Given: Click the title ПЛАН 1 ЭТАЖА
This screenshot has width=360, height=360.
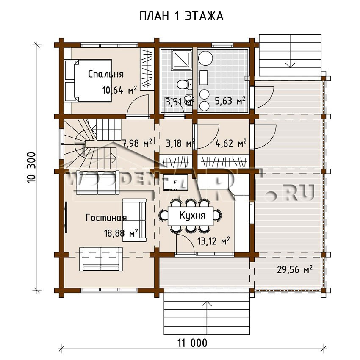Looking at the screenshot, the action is point(181,16).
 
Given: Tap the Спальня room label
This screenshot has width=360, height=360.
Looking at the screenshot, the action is point(106,74).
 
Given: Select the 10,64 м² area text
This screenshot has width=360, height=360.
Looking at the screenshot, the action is point(119,90).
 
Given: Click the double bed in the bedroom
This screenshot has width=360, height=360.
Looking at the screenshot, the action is point(88,80).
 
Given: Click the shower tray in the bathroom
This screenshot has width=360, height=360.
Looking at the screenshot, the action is point(181,60).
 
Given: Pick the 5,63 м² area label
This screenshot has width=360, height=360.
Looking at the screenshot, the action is point(230,101).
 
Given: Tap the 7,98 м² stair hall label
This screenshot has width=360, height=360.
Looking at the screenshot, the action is point(138,143).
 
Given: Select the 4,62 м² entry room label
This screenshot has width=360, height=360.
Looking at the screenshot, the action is point(231,144).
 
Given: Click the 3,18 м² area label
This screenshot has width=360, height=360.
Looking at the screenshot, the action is point(180,144).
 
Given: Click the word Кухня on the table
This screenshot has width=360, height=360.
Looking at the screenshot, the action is point(192,215).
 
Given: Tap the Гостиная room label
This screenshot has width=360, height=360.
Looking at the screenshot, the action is point(106,217).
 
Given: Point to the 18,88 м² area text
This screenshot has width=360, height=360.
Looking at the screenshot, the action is point(121,233).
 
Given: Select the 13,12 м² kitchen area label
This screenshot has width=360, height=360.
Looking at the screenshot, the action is point(213,241).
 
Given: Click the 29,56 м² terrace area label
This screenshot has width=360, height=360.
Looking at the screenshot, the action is point(295,269).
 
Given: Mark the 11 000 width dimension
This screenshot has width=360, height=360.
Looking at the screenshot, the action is point(192,343).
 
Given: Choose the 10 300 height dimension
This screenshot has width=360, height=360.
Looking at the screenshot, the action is point(32,167).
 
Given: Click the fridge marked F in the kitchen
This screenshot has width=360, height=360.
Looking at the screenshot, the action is point(175,182).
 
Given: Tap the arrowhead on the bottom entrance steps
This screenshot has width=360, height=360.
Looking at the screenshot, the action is point(207,304).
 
